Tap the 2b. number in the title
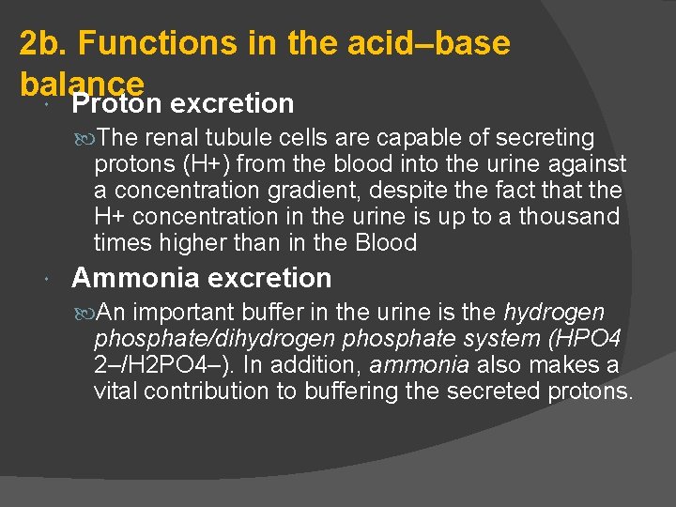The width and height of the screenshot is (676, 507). click(x=44, y=43)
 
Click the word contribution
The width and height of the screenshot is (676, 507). click(x=207, y=392)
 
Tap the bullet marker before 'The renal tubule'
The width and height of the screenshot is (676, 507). click(x=84, y=138)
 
